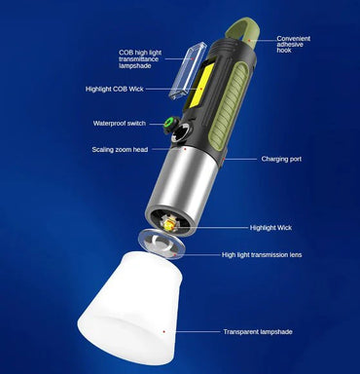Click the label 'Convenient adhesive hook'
coord(294,44)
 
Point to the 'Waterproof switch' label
coord(119,124)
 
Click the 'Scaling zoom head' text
coord(121,149)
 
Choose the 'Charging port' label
coord(280,158)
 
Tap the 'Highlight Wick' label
coord(270,227)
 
